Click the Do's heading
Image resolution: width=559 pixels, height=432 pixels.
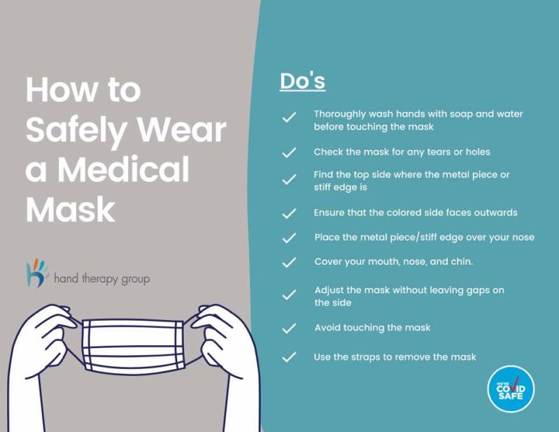(302, 81)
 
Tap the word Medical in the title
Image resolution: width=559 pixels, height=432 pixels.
(123, 169)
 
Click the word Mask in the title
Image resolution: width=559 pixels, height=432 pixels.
(70, 209)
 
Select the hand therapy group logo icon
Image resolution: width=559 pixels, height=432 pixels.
(37, 273)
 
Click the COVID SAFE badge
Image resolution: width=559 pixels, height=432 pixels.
(511, 389)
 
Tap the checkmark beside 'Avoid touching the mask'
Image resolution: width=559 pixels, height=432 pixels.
(289, 328)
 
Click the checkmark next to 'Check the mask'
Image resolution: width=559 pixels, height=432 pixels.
(289, 153)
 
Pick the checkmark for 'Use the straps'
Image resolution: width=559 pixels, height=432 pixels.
(289, 357)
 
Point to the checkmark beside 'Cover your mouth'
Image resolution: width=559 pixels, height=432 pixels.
(289, 262)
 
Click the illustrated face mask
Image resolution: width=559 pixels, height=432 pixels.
(134, 345)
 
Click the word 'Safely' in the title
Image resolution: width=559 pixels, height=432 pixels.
(76, 131)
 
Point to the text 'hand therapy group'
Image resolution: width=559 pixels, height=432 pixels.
(102, 279)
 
